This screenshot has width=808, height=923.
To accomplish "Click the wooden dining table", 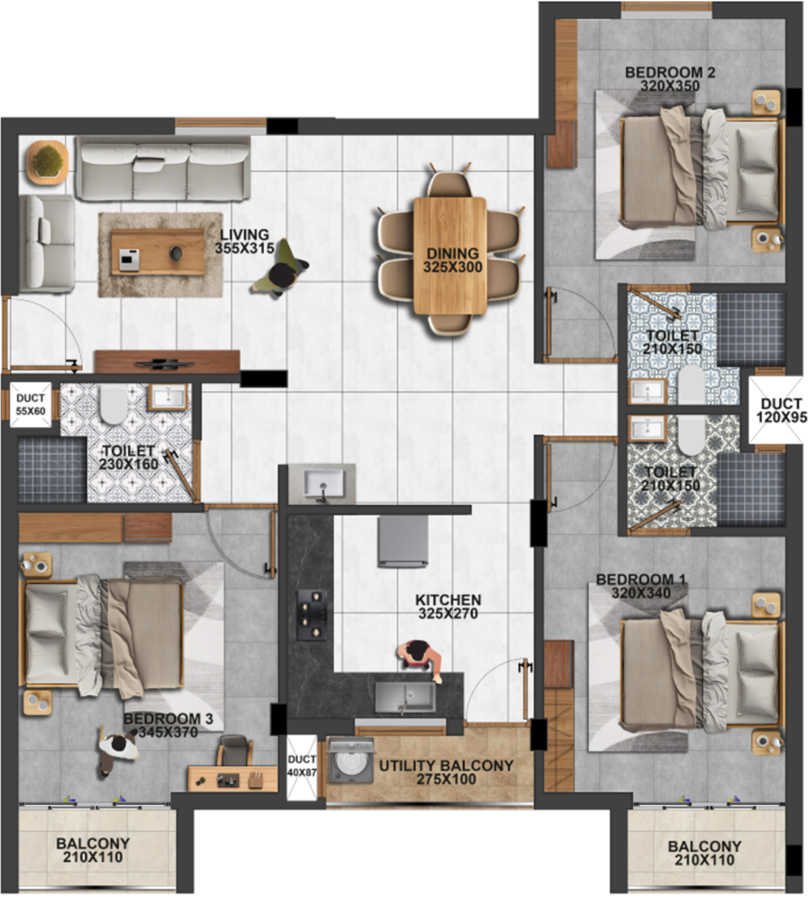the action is click(450, 256).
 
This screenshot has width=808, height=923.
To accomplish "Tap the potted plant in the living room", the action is click(47, 160).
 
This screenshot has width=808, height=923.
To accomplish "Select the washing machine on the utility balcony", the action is click(351, 762).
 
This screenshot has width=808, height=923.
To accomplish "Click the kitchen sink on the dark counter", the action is click(405, 697).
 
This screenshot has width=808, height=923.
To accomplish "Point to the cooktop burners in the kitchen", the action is click(312, 615).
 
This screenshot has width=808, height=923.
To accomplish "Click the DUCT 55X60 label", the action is click(31, 405).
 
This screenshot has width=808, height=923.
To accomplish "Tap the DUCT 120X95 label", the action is click(781, 410).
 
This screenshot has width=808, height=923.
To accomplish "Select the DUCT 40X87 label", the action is click(302, 766).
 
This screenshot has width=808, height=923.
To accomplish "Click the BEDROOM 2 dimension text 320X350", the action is click(670, 86).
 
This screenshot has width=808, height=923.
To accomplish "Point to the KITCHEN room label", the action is click(448, 599).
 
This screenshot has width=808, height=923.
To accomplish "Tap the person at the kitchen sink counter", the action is click(420, 659).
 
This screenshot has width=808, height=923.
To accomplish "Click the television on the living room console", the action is click(165, 364).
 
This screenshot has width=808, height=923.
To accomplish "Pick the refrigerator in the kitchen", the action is click(403, 542).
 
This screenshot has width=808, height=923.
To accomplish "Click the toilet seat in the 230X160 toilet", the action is click(112, 405).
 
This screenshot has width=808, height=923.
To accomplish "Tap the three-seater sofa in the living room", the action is click(162, 169).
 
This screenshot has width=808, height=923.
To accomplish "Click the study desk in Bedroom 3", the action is click(232, 778).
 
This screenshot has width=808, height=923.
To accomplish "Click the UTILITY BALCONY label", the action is click(446, 766).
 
